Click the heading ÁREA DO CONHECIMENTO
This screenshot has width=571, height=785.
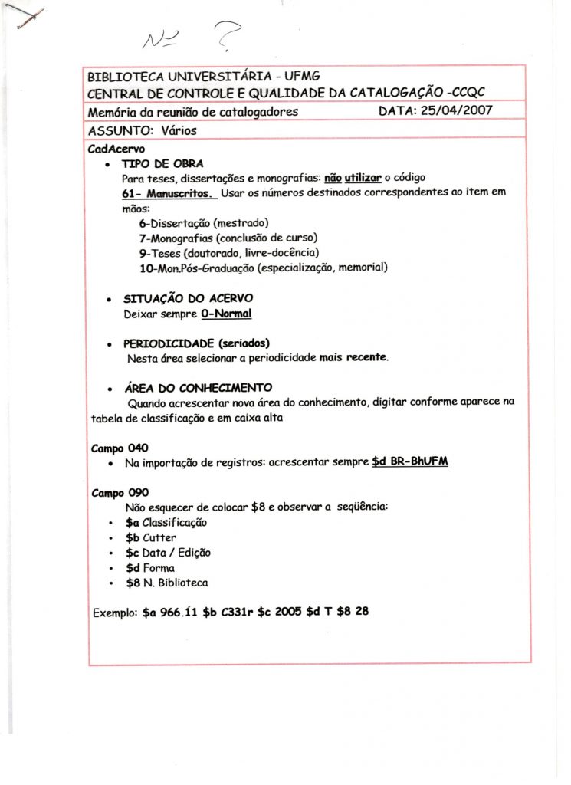point(198,388)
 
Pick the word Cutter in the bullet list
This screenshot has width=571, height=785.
point(159,537)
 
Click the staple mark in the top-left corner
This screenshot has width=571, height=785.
point(25,17)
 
